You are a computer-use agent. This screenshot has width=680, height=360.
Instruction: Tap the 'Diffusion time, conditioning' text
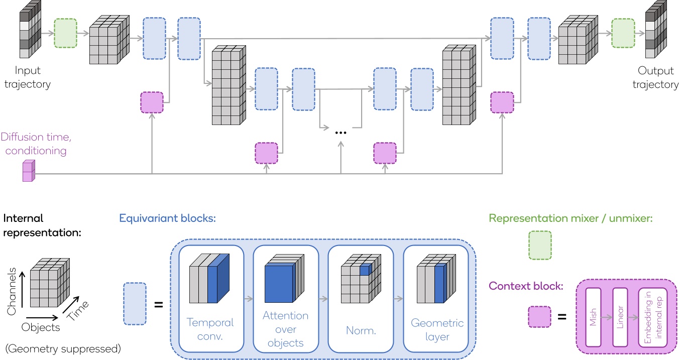[34, 143]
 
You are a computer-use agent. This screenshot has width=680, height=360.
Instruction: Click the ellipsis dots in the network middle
[341, 133]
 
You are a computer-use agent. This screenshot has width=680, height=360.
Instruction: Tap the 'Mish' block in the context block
[593, 317]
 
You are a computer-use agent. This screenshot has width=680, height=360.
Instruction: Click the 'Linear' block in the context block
[621, 317]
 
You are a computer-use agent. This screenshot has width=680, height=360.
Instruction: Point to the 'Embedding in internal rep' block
[652, 317]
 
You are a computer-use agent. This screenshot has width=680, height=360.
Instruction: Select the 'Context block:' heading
[525, 286]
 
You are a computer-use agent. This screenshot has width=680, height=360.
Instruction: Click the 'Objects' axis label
[41, 327]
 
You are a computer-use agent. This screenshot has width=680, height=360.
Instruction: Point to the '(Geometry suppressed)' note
[62, 348]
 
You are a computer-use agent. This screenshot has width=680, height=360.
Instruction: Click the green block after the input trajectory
[65, 33]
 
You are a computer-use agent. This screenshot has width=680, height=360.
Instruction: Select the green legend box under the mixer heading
[540, 246]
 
